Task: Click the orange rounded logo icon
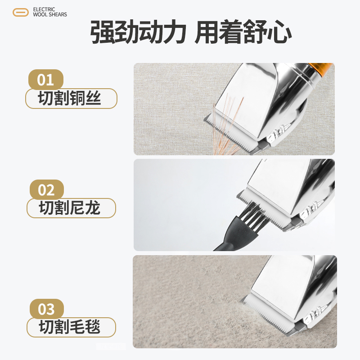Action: click(21, 12)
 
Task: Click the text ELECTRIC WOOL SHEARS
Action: click(50, 12)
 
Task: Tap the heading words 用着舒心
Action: click(243, 33)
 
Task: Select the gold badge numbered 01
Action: click(46, 80)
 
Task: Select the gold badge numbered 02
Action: click(46, 190)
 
